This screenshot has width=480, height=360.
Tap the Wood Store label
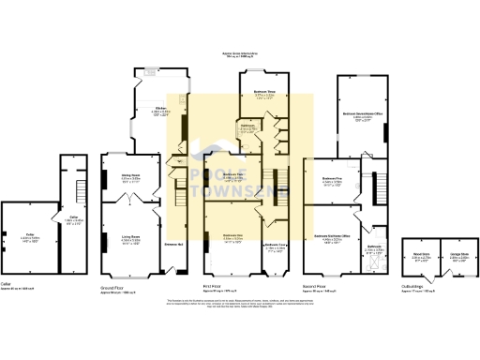coord(419,253)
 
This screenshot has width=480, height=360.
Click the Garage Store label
coord(457,253)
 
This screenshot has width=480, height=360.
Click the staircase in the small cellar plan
coord(70,178)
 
